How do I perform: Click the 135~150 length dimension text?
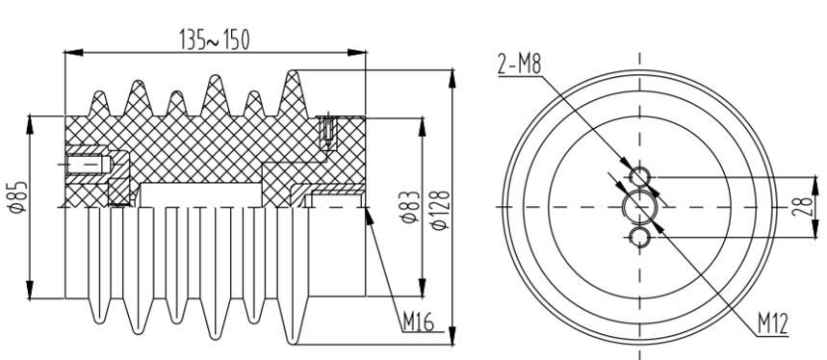[x=214, y=40]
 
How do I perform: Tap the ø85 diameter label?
[x=18, y=197]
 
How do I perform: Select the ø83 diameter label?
[x=411, y=207]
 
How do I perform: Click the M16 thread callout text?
[x=418, y=321]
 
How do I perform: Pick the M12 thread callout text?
[x=773, y=324]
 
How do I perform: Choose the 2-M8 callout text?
[x=520, y=64]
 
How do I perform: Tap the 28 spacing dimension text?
[x=802, y=207]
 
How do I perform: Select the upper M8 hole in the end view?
[x=640, y=176]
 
